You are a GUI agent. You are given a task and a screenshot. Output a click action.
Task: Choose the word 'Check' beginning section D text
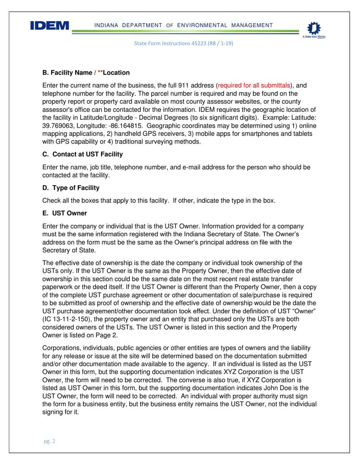[50, 201]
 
